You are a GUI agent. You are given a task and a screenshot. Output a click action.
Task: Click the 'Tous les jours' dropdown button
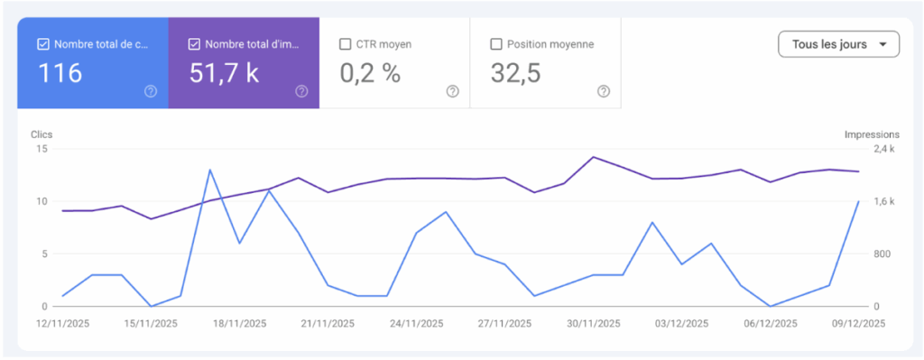pyautogui.click(x=838, y=44)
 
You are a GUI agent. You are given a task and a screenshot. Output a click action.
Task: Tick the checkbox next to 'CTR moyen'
pyautogui.click(x=345, y=43)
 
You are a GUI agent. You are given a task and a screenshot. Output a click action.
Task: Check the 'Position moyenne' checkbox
pyautogui.click(x=495, y=43)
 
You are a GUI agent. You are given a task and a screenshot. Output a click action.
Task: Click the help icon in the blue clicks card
pyautogui.click(x=151, y=91)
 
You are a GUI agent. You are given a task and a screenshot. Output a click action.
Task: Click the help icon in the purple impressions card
pyautogui.click(x=301, y=91)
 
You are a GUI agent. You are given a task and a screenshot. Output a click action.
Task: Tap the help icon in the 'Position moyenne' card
pyautogui.click(x=604, y=91)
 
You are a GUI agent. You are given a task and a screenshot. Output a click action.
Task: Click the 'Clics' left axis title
pyautogui.click(x=42, y=134)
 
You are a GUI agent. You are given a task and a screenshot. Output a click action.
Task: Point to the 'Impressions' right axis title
pyautogui.click(x=872, y=134)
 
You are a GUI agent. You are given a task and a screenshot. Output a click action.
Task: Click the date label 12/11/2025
pyautogui.click(x=62, y=323)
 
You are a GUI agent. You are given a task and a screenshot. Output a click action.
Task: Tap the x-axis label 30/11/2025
pyautogui.click(x=594, y=323)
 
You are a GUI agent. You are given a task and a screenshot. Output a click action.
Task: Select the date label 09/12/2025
pyautogui.click(x=859, y=323)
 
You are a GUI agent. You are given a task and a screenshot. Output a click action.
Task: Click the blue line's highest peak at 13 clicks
pyautogui.click(x=210, y=170)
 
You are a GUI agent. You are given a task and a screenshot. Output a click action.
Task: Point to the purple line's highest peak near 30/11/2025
pyautogui.click(x=593, y=157)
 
